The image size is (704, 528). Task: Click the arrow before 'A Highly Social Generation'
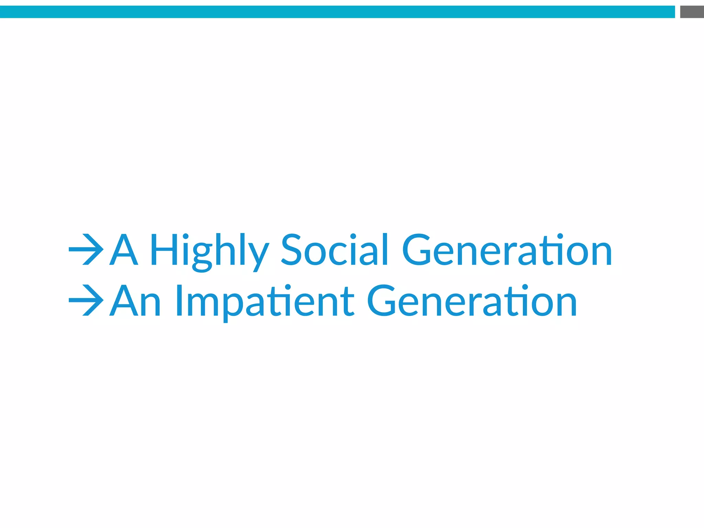tap(86, 250)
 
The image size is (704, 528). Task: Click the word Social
tap(334, 250)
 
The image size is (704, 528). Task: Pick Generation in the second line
tap(472, 301)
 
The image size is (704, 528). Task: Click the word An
tap(135, 301)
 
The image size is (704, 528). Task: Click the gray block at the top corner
tap(692, 12)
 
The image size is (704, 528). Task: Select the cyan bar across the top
tap(337, 12)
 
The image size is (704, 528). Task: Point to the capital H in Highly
tap(164, 250)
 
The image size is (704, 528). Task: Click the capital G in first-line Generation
tap(416, 250)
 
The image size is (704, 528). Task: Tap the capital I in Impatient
tap(179, 301)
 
